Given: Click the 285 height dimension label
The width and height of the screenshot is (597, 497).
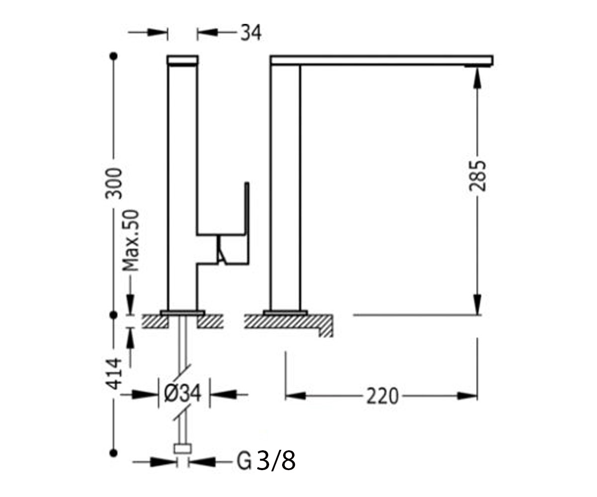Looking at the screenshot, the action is (x=478, y=176).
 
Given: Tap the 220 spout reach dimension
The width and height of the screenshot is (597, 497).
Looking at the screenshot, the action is (x=382, y=397).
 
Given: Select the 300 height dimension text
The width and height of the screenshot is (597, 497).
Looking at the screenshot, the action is (x=114, y=183).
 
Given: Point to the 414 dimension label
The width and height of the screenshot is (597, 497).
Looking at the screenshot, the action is (x=114, y=374).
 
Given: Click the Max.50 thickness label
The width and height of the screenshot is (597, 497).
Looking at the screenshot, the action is (x=130, y=241).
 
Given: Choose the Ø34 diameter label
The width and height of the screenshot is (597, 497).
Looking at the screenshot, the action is (x=183, y=395).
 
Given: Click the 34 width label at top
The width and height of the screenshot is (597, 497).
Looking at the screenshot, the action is (x=251, y=33).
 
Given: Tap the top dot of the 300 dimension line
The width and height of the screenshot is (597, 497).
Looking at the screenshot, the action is (x=114, y=56).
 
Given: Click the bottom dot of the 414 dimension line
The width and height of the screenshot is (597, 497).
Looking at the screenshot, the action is (x=114, y=453).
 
